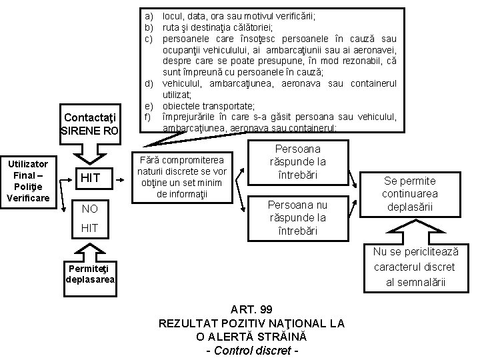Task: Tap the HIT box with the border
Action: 90,177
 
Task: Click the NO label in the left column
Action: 90,209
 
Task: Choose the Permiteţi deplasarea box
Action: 90,273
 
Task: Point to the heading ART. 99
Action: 251,310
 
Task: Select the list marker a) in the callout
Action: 148,15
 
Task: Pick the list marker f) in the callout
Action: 148,117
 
